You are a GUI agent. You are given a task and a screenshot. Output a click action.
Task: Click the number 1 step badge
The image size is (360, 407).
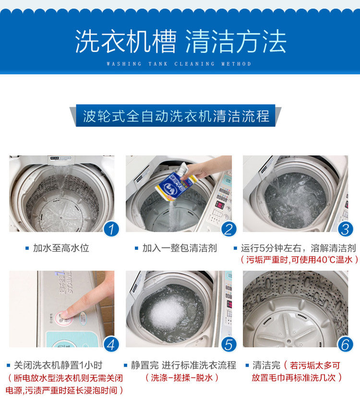click(x=111, y=229)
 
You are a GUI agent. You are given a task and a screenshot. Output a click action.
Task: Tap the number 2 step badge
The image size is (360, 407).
click(x=228, y=229)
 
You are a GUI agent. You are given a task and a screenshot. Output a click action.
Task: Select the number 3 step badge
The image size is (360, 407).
click(x=346, y=229)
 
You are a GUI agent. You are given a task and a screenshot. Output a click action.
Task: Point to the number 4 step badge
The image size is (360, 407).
click(x=111, y=345)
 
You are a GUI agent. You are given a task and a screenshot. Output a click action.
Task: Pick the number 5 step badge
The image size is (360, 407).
click(x=228, y=345)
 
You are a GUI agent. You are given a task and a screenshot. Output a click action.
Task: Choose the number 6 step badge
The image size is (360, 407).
click(x=346, y=345)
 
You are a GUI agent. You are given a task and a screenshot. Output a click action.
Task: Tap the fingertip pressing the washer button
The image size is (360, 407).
click(x=65, y=313)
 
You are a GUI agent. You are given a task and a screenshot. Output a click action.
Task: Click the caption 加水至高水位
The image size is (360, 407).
click(x=61, y=248)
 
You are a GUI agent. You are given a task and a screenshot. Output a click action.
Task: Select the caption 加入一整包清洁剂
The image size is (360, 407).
click(x=180, y=248)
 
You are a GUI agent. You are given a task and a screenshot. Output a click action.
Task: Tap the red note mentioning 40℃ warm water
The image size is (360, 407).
click(x=299, y=260)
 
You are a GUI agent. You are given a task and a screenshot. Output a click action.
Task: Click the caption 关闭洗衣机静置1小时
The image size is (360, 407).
click(x=58, y=365)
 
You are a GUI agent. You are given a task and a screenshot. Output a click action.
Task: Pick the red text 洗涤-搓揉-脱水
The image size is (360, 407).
click(x=182, y=378)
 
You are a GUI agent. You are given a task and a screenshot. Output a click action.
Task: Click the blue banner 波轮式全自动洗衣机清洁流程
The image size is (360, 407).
click(x=176, y=116)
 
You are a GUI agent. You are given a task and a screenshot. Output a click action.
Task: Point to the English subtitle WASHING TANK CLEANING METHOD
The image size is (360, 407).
click(x=179, y=64)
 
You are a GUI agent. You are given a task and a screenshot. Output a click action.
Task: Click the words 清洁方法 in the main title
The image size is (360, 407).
click(x=236, y=41)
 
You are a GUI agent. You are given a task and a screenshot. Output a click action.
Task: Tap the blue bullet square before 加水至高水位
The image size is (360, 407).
click(x=27, y=249)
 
